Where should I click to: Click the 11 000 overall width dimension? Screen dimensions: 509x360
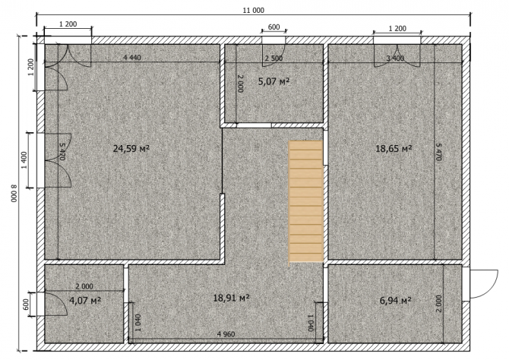click(254, 11)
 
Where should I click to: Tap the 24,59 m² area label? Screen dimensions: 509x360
click(131, 149)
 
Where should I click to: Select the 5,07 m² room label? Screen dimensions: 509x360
click(273, 81)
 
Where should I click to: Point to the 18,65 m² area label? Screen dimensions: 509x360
click(394, 149)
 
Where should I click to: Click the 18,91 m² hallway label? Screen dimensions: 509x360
click(231, 298)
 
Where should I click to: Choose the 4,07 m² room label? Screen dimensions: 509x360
click(85, 300)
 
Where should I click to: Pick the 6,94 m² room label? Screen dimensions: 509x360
click(395, 300)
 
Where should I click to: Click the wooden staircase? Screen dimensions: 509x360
click(305, 201)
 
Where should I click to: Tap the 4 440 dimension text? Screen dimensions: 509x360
click(132, 58)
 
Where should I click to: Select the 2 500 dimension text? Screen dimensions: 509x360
click(273, 58)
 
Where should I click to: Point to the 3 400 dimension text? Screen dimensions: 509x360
click(395, 58)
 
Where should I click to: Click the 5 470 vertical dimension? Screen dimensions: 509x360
click(439, 152)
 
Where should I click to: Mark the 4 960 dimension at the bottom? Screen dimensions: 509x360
click(226, 334)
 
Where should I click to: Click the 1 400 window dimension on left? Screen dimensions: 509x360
click(24, 160)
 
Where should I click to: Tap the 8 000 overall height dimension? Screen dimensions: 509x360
click(14, 194)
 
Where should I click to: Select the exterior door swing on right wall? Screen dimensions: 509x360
click(484, 284)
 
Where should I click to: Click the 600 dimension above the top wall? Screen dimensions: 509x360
click(274, 27)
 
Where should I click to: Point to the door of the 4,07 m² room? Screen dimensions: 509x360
click(55, 304)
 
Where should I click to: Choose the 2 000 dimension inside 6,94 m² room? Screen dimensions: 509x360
click(439, 304)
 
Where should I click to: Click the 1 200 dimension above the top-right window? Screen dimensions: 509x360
click(397, 29)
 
